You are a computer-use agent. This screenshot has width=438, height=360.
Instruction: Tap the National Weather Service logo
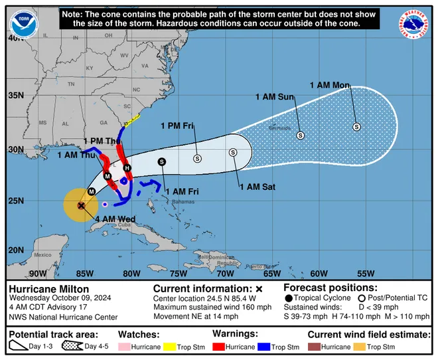(x=414, y=24)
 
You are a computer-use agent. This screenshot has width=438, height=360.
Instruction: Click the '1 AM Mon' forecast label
(x=330, y=84)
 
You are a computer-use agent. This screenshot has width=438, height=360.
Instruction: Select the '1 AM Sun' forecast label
(x=275, y=97)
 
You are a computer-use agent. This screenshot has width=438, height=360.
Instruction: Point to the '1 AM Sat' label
(x=257, y=187)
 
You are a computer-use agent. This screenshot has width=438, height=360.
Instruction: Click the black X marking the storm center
(x=81, y=206)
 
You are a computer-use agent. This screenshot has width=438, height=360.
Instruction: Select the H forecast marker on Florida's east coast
(x=127, y=168)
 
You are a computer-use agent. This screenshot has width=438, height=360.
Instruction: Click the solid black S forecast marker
(x=162, y=161)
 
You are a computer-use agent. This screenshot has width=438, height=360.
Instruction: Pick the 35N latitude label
(x=15, y=96)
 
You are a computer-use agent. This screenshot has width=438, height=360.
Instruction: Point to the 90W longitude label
(x=38, y=273)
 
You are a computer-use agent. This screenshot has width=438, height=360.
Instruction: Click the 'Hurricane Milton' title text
(x=43, y=289)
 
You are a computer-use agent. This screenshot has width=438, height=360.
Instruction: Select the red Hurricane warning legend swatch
(x=220, y=347)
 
